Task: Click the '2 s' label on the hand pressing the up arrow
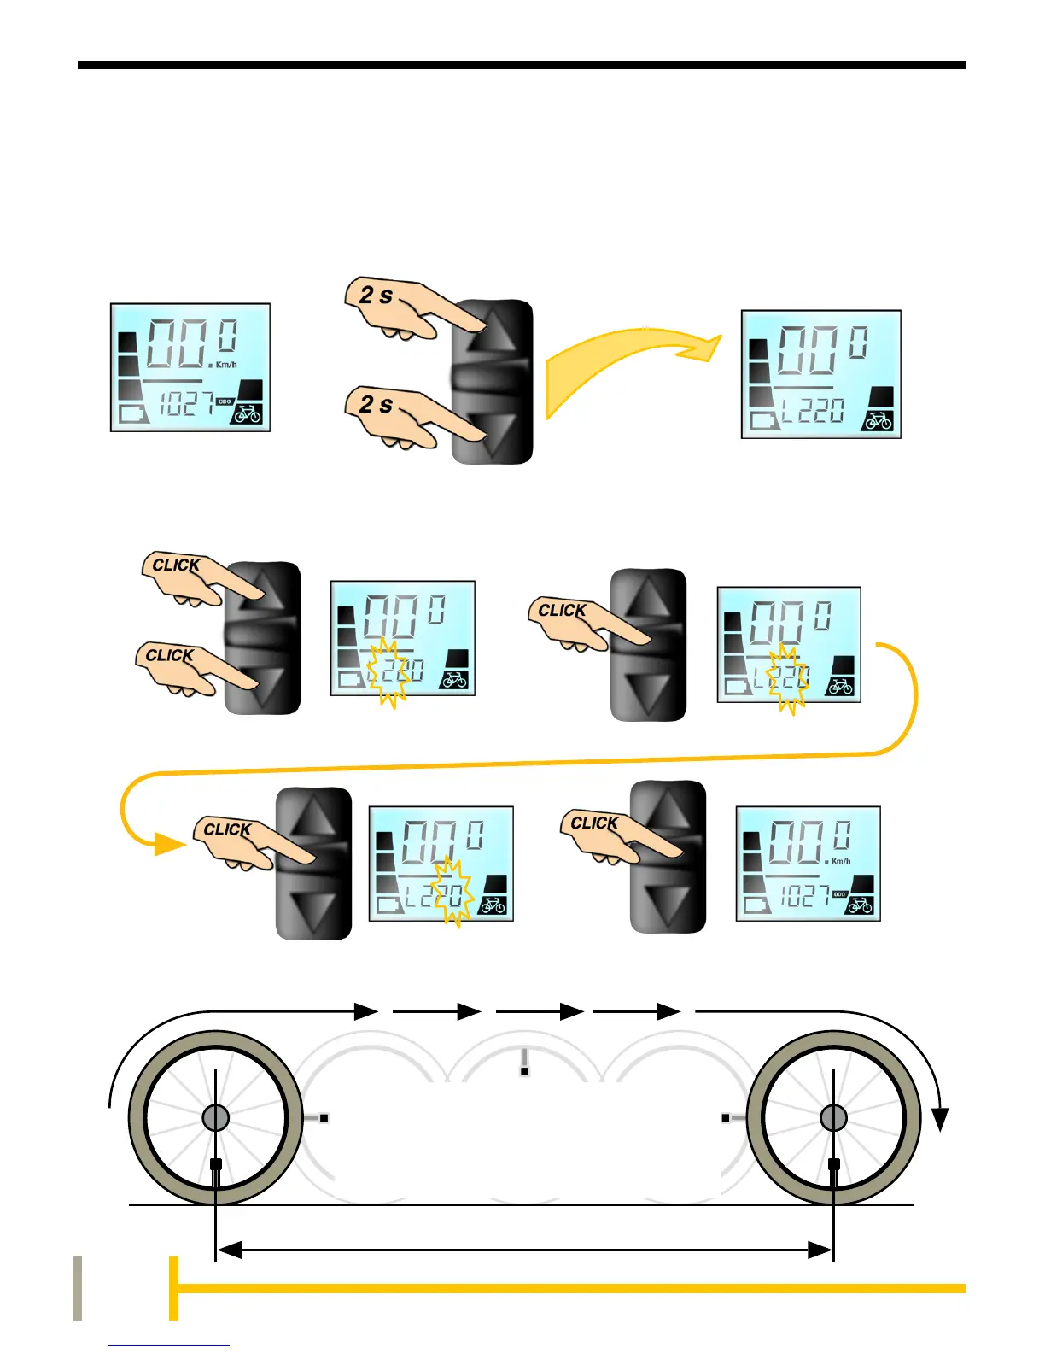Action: point(376,296)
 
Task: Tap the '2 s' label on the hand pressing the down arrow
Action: point(376,404)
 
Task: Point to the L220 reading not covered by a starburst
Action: point(812,412)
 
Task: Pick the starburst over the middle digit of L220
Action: point(787,678)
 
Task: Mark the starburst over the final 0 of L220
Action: point(452,893)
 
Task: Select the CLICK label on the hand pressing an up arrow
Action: point(176,565)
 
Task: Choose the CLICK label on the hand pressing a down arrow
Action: point(170,656)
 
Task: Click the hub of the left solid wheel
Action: point(216,1117)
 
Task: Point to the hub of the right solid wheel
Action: point(833,1117)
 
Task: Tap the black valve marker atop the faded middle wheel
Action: point(524,1070)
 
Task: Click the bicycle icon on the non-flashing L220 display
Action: point(879,421)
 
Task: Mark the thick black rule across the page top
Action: point(522,65)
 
